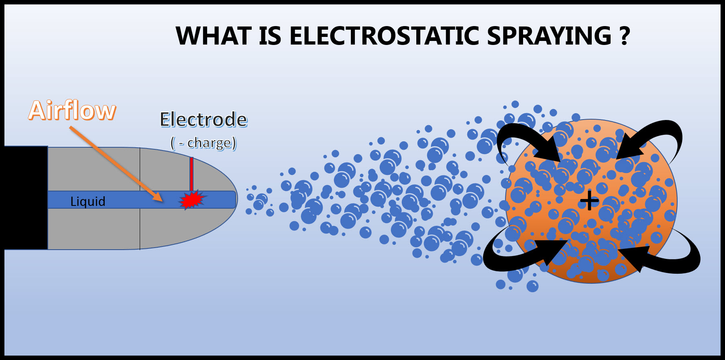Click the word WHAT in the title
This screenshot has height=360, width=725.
(213, 36)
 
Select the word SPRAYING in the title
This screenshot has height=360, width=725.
(549, 36)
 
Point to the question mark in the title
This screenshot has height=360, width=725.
(625, 36)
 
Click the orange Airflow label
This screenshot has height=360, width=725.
(72, 110)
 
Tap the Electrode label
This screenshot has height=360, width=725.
(204, 119)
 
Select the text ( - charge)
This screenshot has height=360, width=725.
(204, 142)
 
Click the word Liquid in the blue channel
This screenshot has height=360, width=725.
(88, 201)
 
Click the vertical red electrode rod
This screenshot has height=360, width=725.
(191, 175)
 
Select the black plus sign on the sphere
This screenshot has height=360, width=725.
(589, 200)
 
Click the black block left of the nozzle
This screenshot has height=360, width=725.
(26, 198)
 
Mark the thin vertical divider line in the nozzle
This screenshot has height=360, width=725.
(140, 198)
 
